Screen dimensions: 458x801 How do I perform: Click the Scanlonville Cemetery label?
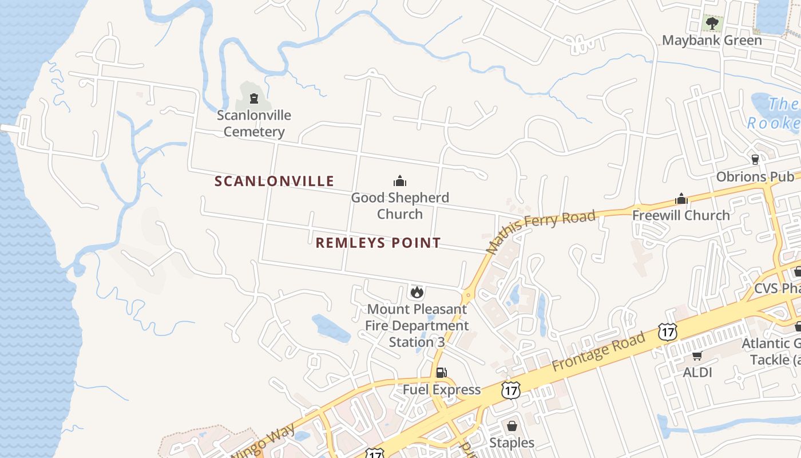(254, 123)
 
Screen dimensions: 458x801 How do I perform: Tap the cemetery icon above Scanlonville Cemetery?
(254, 98)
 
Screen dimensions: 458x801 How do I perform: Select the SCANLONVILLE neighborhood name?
(274, 181)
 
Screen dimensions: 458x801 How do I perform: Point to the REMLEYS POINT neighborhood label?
(378, 243)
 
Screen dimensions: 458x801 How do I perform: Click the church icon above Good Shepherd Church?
(400, 181)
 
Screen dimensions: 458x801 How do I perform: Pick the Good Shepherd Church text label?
(400, 206)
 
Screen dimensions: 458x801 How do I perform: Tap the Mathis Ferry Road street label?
(540, 231)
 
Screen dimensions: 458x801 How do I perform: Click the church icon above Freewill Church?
(681, 199)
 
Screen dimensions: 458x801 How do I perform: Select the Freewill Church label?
(681, 215)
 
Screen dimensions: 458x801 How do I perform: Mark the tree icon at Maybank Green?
(712, 23)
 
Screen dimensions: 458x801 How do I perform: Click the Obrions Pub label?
(755, 176)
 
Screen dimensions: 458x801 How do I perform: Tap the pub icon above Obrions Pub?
(755, 159)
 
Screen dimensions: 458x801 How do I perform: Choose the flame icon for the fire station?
(417, 292)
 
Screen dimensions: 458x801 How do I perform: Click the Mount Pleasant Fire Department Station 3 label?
(417, 325)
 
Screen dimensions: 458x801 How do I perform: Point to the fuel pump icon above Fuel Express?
(441, 373)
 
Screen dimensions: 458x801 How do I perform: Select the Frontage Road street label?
(598, 350)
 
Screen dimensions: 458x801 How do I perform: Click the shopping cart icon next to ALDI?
(697, 356)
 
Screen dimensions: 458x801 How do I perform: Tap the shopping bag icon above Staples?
(512, 427)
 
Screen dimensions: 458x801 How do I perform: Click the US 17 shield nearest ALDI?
(667, 331)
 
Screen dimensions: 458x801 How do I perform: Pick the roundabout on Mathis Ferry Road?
(468, 295)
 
